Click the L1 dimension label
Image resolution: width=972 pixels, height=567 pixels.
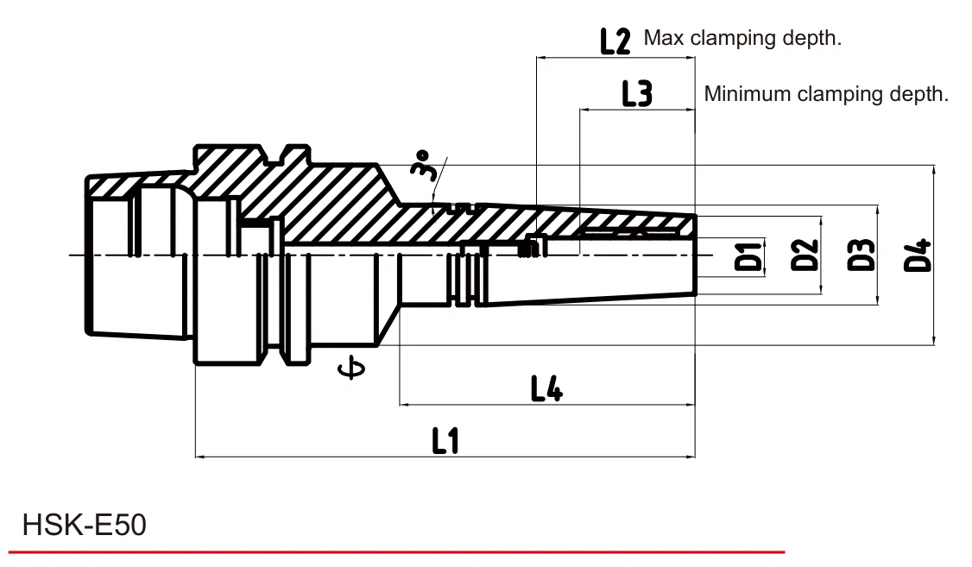[445, 441]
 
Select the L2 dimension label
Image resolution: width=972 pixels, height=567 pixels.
[615, 41]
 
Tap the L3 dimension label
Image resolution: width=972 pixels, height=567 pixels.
[637, 93]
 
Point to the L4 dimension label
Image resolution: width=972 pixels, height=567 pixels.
[546, 389]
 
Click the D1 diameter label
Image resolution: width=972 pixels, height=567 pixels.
[748, 257]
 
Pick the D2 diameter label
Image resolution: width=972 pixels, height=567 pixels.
[805, 255]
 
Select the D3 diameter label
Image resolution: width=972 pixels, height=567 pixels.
[861, 255]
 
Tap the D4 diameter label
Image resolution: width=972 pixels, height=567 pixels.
[918, 255]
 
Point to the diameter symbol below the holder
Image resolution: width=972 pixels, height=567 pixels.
[350, 369]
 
